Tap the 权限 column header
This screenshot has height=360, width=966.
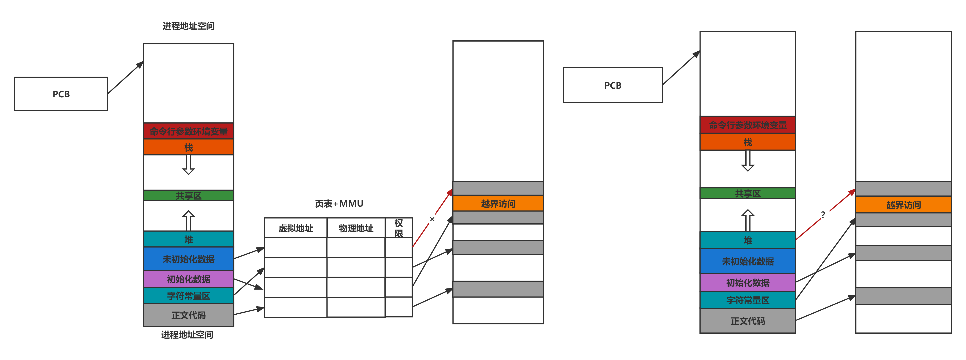pyautogui.click(x=399, y=228)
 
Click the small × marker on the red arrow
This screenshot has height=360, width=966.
pyautogui.click(x=432, y=219)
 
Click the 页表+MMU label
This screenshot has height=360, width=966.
pyautogui.click(x=339, y=204)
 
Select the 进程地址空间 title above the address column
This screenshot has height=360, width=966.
pyautogui.click(x=189, y=26)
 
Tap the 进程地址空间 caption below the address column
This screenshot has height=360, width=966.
pyautogui.click(x=187, y=334)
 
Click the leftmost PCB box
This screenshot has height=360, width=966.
pyautogui.click(x=61, y=94)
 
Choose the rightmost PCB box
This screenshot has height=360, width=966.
pyautogui.click(x=613, y=85)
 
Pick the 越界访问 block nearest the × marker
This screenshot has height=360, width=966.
pyautogui.click(x=498, y=203)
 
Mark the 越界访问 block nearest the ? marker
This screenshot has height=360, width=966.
pyautogui.click(x=903, y=205)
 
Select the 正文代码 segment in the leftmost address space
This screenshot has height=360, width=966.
pyautogui.click(x=189, y=315)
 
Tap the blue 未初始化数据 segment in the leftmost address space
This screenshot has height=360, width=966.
pyautogui.click(x=189, y=259)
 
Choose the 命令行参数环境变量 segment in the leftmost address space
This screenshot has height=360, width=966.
pyautogui.click(x=189, y=131)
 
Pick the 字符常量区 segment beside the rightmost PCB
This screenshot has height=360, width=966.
pyautogui.click(x=748, y=300)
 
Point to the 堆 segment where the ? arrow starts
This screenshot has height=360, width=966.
pyautogui.click(x=748, y=240)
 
